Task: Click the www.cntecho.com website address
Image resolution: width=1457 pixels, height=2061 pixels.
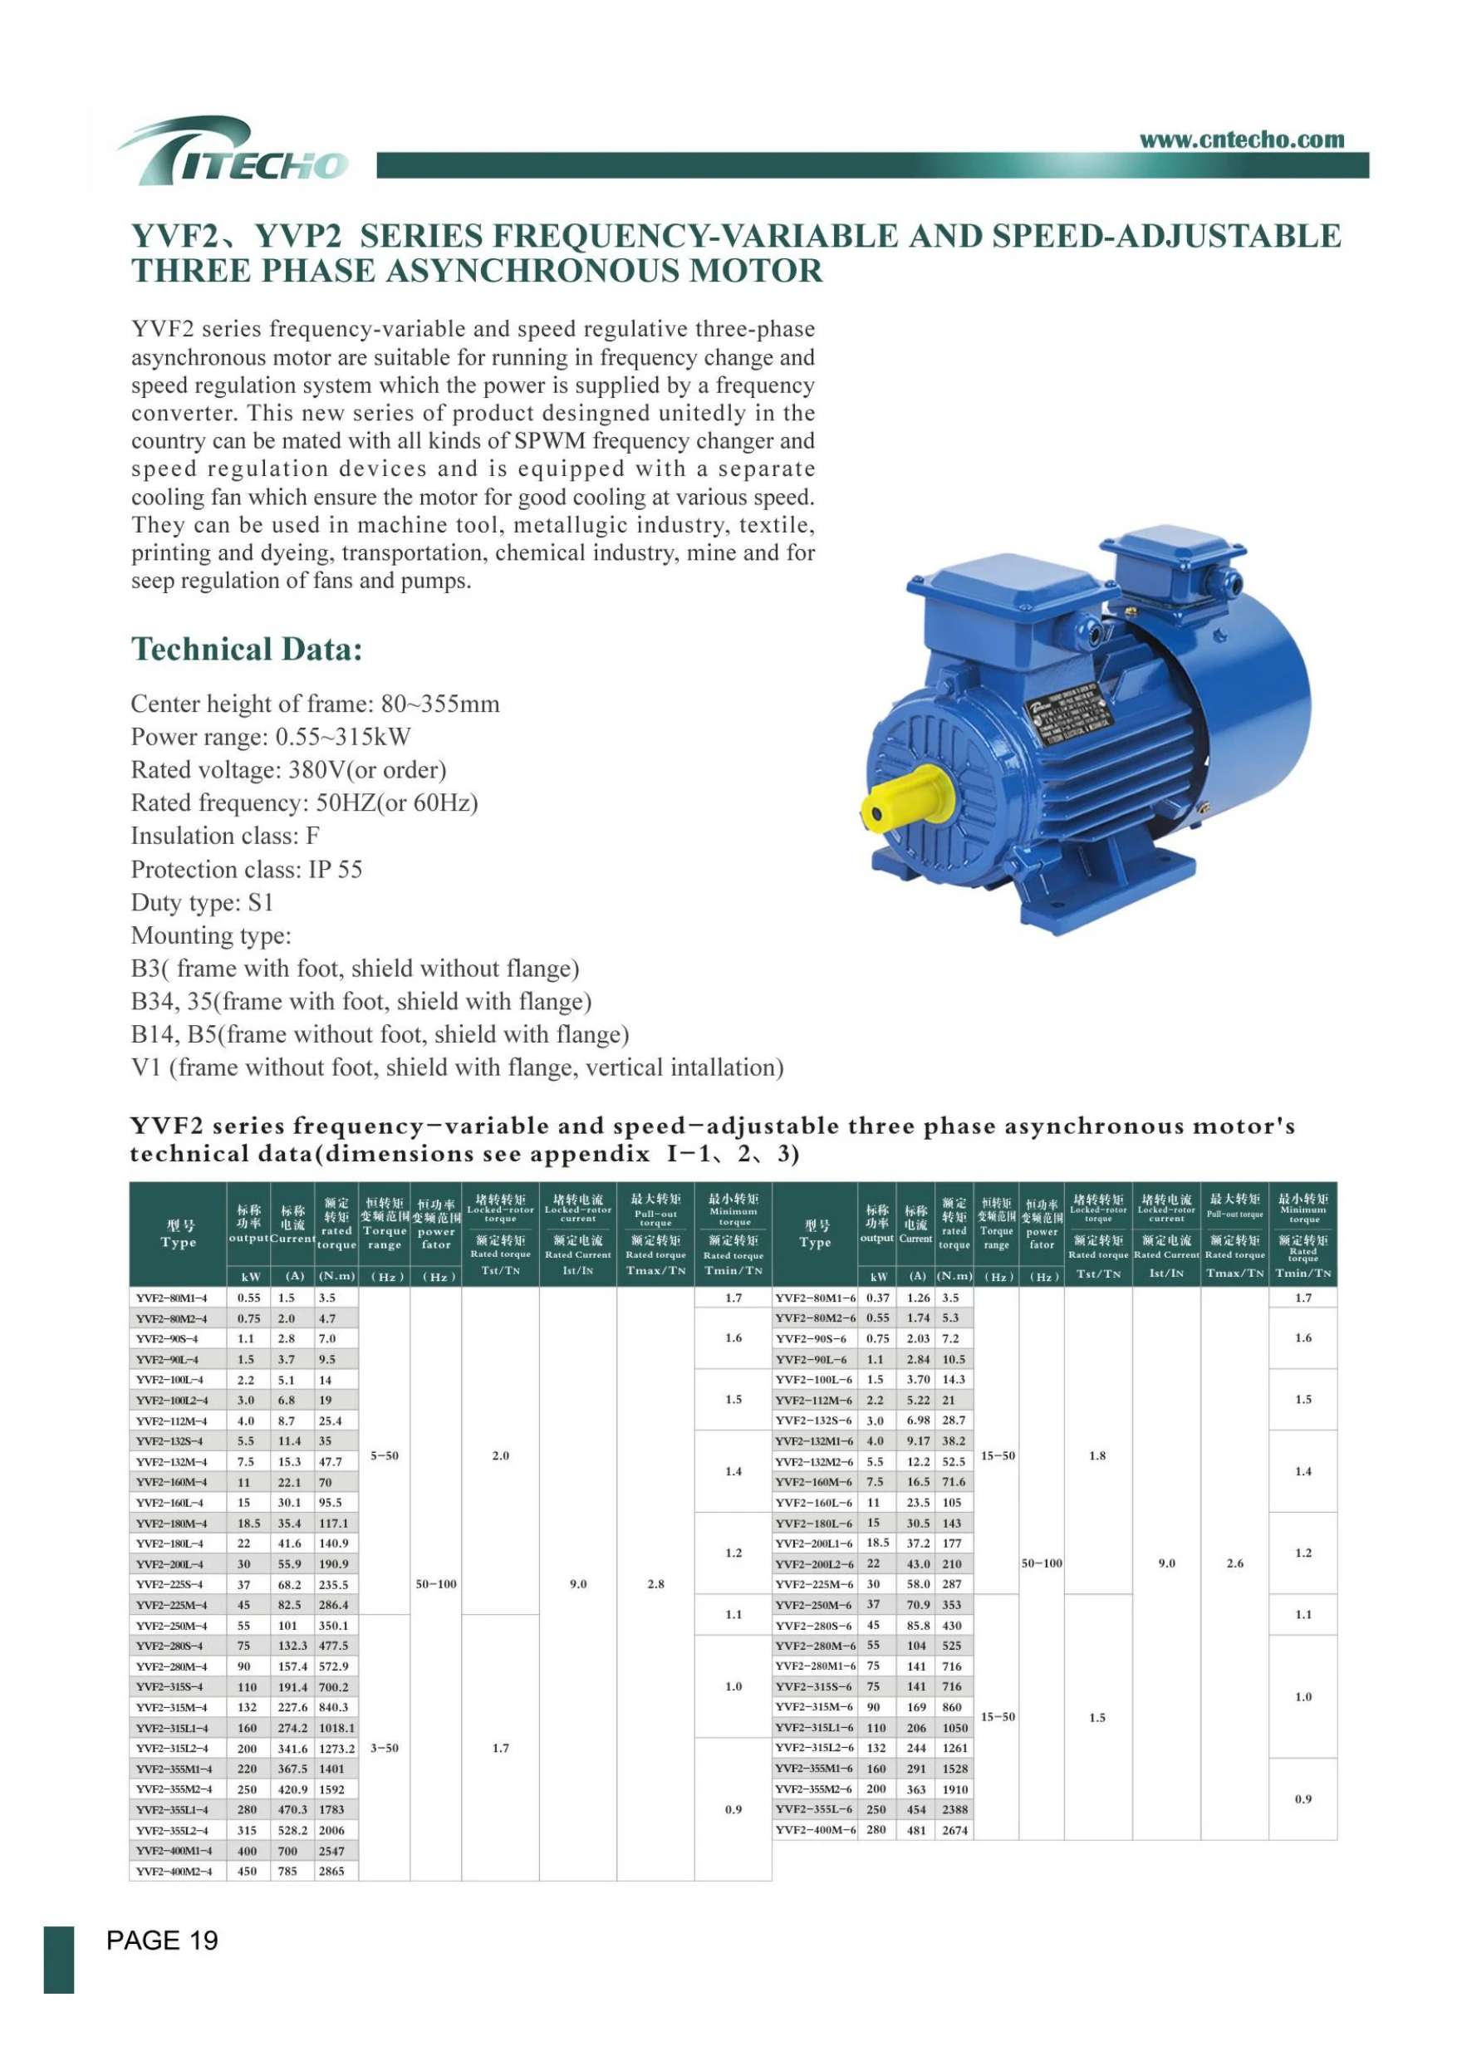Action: tap(1242, 140)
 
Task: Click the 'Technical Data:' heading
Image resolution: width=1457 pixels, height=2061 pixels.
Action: tap(247, 649)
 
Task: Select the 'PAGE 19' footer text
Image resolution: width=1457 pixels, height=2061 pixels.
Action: tap(163, 1941)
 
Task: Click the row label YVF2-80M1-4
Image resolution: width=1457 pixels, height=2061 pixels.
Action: tap(172, 1298)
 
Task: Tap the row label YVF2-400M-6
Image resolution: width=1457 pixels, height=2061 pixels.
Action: tap(815, 1830)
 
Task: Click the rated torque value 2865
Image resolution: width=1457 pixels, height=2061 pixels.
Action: tap(331, 1872)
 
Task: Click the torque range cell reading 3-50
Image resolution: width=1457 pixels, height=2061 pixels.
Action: tap(385, 1749)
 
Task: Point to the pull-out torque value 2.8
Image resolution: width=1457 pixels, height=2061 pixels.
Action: tap(655, 1584)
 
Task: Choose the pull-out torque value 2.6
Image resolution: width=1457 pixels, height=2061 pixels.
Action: tap(1234, 1563)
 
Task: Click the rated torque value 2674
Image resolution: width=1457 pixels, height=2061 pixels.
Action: tap(954, 1830)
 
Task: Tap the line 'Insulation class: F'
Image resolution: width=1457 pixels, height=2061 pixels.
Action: tap(225, 836)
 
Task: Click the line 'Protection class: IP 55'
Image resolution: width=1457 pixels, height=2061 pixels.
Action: tap(247, 869)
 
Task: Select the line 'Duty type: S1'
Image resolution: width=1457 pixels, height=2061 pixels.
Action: tap(202, 902)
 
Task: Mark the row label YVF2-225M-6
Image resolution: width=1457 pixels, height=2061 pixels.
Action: tap(815, 1584)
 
